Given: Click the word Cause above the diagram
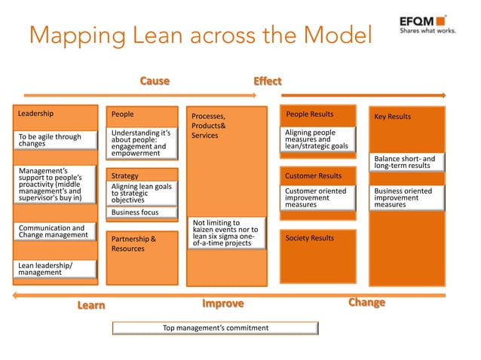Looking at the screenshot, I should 155,81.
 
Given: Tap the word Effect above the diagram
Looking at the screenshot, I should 267,81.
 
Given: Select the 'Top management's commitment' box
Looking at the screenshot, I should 216,328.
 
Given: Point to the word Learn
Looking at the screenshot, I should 91,305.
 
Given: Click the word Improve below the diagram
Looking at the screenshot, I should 223,304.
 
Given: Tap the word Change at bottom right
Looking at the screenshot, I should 366,303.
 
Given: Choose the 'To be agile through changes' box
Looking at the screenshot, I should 57,140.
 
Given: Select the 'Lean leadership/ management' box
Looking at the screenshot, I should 57,269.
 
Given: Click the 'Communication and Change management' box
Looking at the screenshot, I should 57,231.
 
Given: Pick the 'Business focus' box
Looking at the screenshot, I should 143,212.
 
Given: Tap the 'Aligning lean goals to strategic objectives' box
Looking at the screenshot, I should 143,193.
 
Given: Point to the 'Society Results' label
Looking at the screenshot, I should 310,238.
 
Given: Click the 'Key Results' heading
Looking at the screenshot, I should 393,117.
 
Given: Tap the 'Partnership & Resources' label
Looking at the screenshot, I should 133,243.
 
